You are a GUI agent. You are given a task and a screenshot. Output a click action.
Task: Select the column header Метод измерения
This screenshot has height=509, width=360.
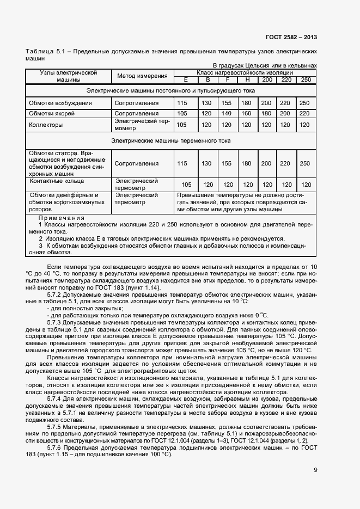[x=141, y=76]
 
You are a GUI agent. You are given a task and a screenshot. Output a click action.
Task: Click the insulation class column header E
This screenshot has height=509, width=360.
[x=186, y=79]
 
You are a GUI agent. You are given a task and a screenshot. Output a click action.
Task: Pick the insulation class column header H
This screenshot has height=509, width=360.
[x=246, y=79]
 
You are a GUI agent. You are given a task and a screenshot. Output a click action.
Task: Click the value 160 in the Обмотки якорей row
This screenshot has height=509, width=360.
[x=246, y=113]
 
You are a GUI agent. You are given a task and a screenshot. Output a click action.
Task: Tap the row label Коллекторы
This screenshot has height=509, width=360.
[x=46, y=125]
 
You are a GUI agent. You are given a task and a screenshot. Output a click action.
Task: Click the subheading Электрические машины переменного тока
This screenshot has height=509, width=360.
[x=171, y=140]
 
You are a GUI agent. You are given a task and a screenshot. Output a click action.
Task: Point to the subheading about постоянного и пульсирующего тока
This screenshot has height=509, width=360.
[x=171, y=90]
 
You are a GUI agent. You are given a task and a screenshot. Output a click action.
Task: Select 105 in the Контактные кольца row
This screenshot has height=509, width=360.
[x=186, y=185]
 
